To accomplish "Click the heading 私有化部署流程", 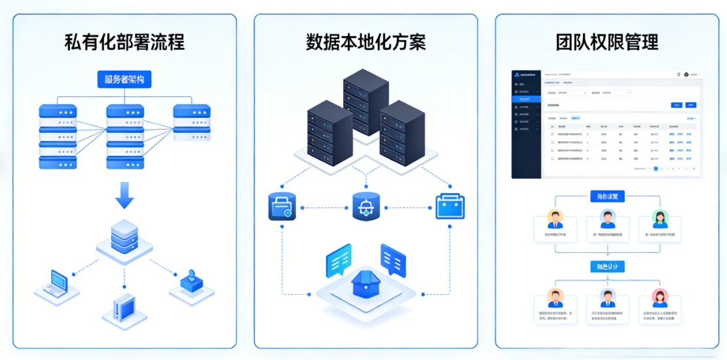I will coord(124,43).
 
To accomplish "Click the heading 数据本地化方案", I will coord(365,43).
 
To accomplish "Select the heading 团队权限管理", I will coord(607,43).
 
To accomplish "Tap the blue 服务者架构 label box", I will coord(124,80).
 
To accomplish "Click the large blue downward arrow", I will coord(124,194).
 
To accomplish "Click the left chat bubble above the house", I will coord(339,261).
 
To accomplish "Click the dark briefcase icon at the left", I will coord(283,206).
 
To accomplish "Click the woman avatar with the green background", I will coord(660,219).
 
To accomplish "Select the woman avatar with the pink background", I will coord(660,298).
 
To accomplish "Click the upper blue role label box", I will coord(607,196).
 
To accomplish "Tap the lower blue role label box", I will coord(607,266).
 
